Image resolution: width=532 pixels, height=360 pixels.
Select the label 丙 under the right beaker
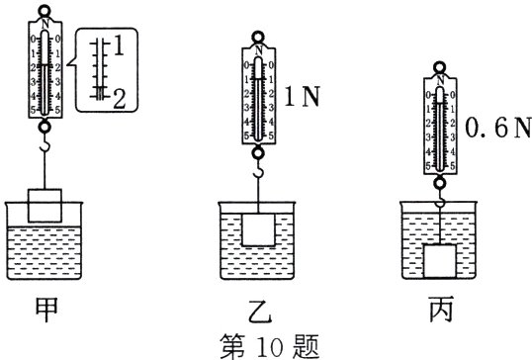pos(438,306)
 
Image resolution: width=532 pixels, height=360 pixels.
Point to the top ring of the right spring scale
pos(438,69)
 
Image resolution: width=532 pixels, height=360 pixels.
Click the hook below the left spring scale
pos(43,147)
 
